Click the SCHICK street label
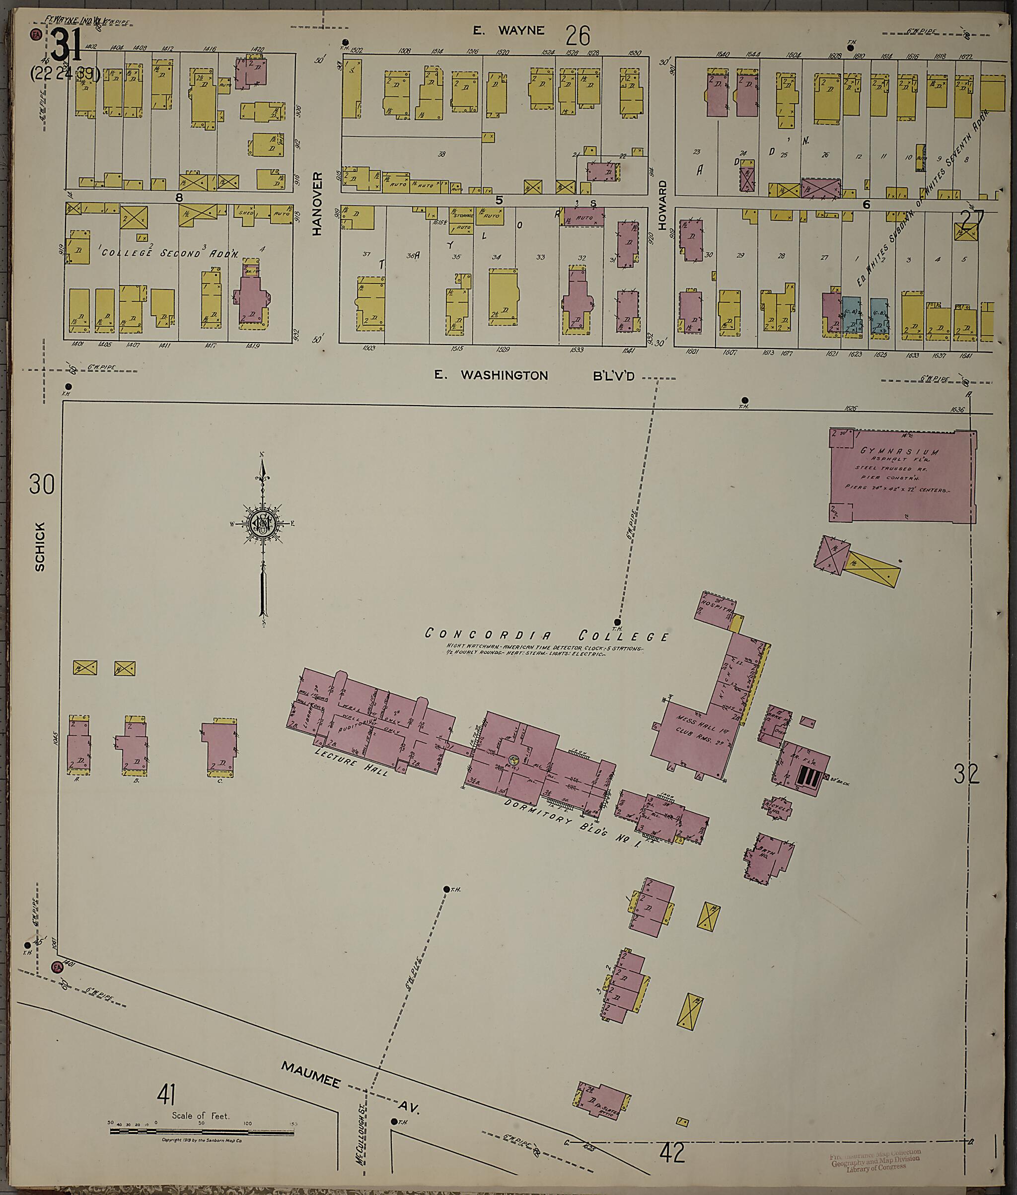coord(40,546)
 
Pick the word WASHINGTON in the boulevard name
coord(504,375)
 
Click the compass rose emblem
coord(263,523)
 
